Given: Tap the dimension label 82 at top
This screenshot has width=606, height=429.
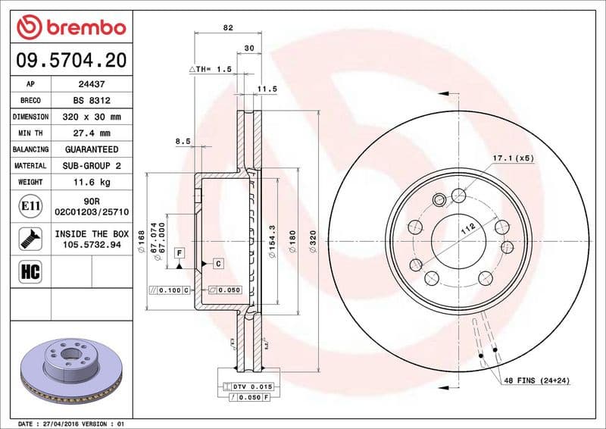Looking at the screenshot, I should click(x=228, y=27).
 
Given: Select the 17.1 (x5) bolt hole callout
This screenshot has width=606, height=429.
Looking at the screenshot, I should click(x=514, y=158).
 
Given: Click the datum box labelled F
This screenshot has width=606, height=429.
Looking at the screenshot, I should click(x=180, y=252).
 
